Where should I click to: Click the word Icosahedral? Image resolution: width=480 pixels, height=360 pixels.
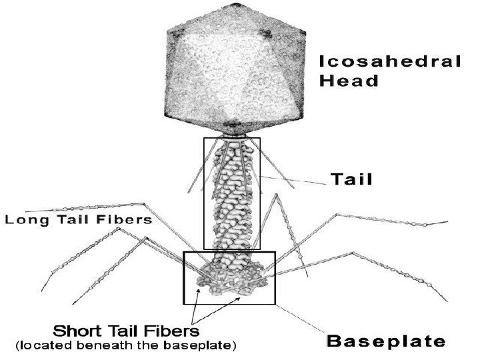(390, 61)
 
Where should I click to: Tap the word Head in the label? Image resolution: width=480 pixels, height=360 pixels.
(349, 81)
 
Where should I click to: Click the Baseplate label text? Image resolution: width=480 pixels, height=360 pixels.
(385, 341)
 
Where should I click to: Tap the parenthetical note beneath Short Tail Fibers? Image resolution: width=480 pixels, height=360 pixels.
(125, 346)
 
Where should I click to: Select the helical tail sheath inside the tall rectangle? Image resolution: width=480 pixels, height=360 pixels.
(231, 193)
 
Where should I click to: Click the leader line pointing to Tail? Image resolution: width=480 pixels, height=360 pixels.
(293, 179)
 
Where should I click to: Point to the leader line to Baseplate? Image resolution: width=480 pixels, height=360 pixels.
(300, 317)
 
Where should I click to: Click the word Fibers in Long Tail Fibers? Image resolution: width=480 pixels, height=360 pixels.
(127, 219)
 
